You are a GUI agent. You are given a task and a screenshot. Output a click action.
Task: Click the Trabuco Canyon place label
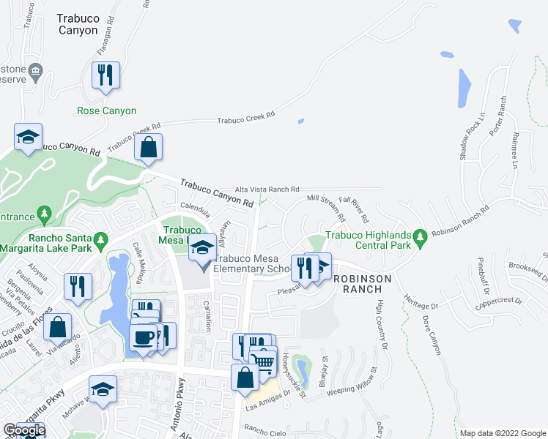(77, 23)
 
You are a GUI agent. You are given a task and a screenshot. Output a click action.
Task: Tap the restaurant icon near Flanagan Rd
(105, 75)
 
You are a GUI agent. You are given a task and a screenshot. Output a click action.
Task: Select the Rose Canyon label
(106, 111)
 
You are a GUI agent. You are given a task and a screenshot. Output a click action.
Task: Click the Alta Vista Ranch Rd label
(267, 189)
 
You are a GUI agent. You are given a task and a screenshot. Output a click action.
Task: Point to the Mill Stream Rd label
(326, 206)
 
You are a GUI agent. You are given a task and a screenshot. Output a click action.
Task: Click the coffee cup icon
(142, 338)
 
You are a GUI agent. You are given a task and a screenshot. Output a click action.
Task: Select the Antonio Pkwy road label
(179, 413)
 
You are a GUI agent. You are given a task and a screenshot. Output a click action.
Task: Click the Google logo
(24, 430)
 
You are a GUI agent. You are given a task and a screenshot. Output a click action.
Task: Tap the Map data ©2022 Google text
(503, 433)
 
